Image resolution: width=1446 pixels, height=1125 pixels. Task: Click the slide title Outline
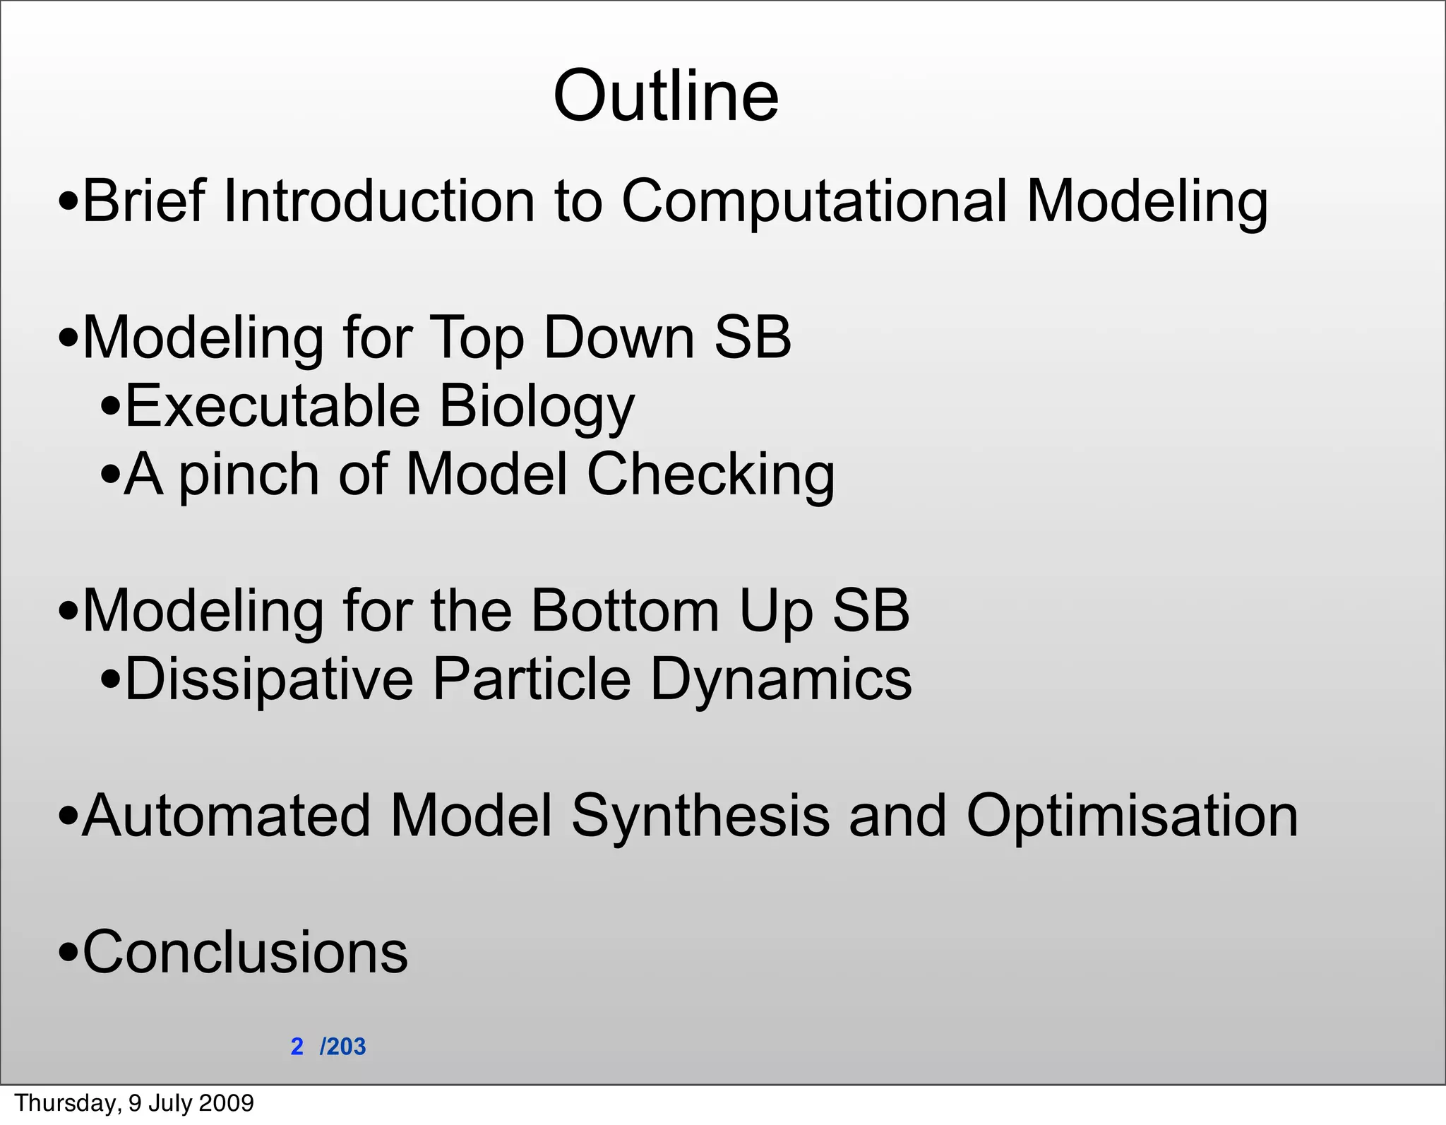666,96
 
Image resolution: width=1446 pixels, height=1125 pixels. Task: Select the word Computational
813,202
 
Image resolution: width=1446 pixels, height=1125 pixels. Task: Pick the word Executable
273,406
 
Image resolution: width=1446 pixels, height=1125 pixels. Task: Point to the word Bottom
625,610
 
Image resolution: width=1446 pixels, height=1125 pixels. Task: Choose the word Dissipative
269,679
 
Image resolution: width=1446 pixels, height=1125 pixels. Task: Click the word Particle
532,679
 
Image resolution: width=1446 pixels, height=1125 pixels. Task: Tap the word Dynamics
780,680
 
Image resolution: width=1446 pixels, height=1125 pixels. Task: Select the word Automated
227,816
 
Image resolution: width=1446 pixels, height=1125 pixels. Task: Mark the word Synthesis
700,816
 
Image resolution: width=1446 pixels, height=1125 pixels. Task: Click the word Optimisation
1132,816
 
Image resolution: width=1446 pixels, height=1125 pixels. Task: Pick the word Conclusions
245,952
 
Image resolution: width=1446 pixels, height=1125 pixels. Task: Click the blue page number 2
297,1047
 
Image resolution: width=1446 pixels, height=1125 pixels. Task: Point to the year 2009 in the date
226,1103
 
